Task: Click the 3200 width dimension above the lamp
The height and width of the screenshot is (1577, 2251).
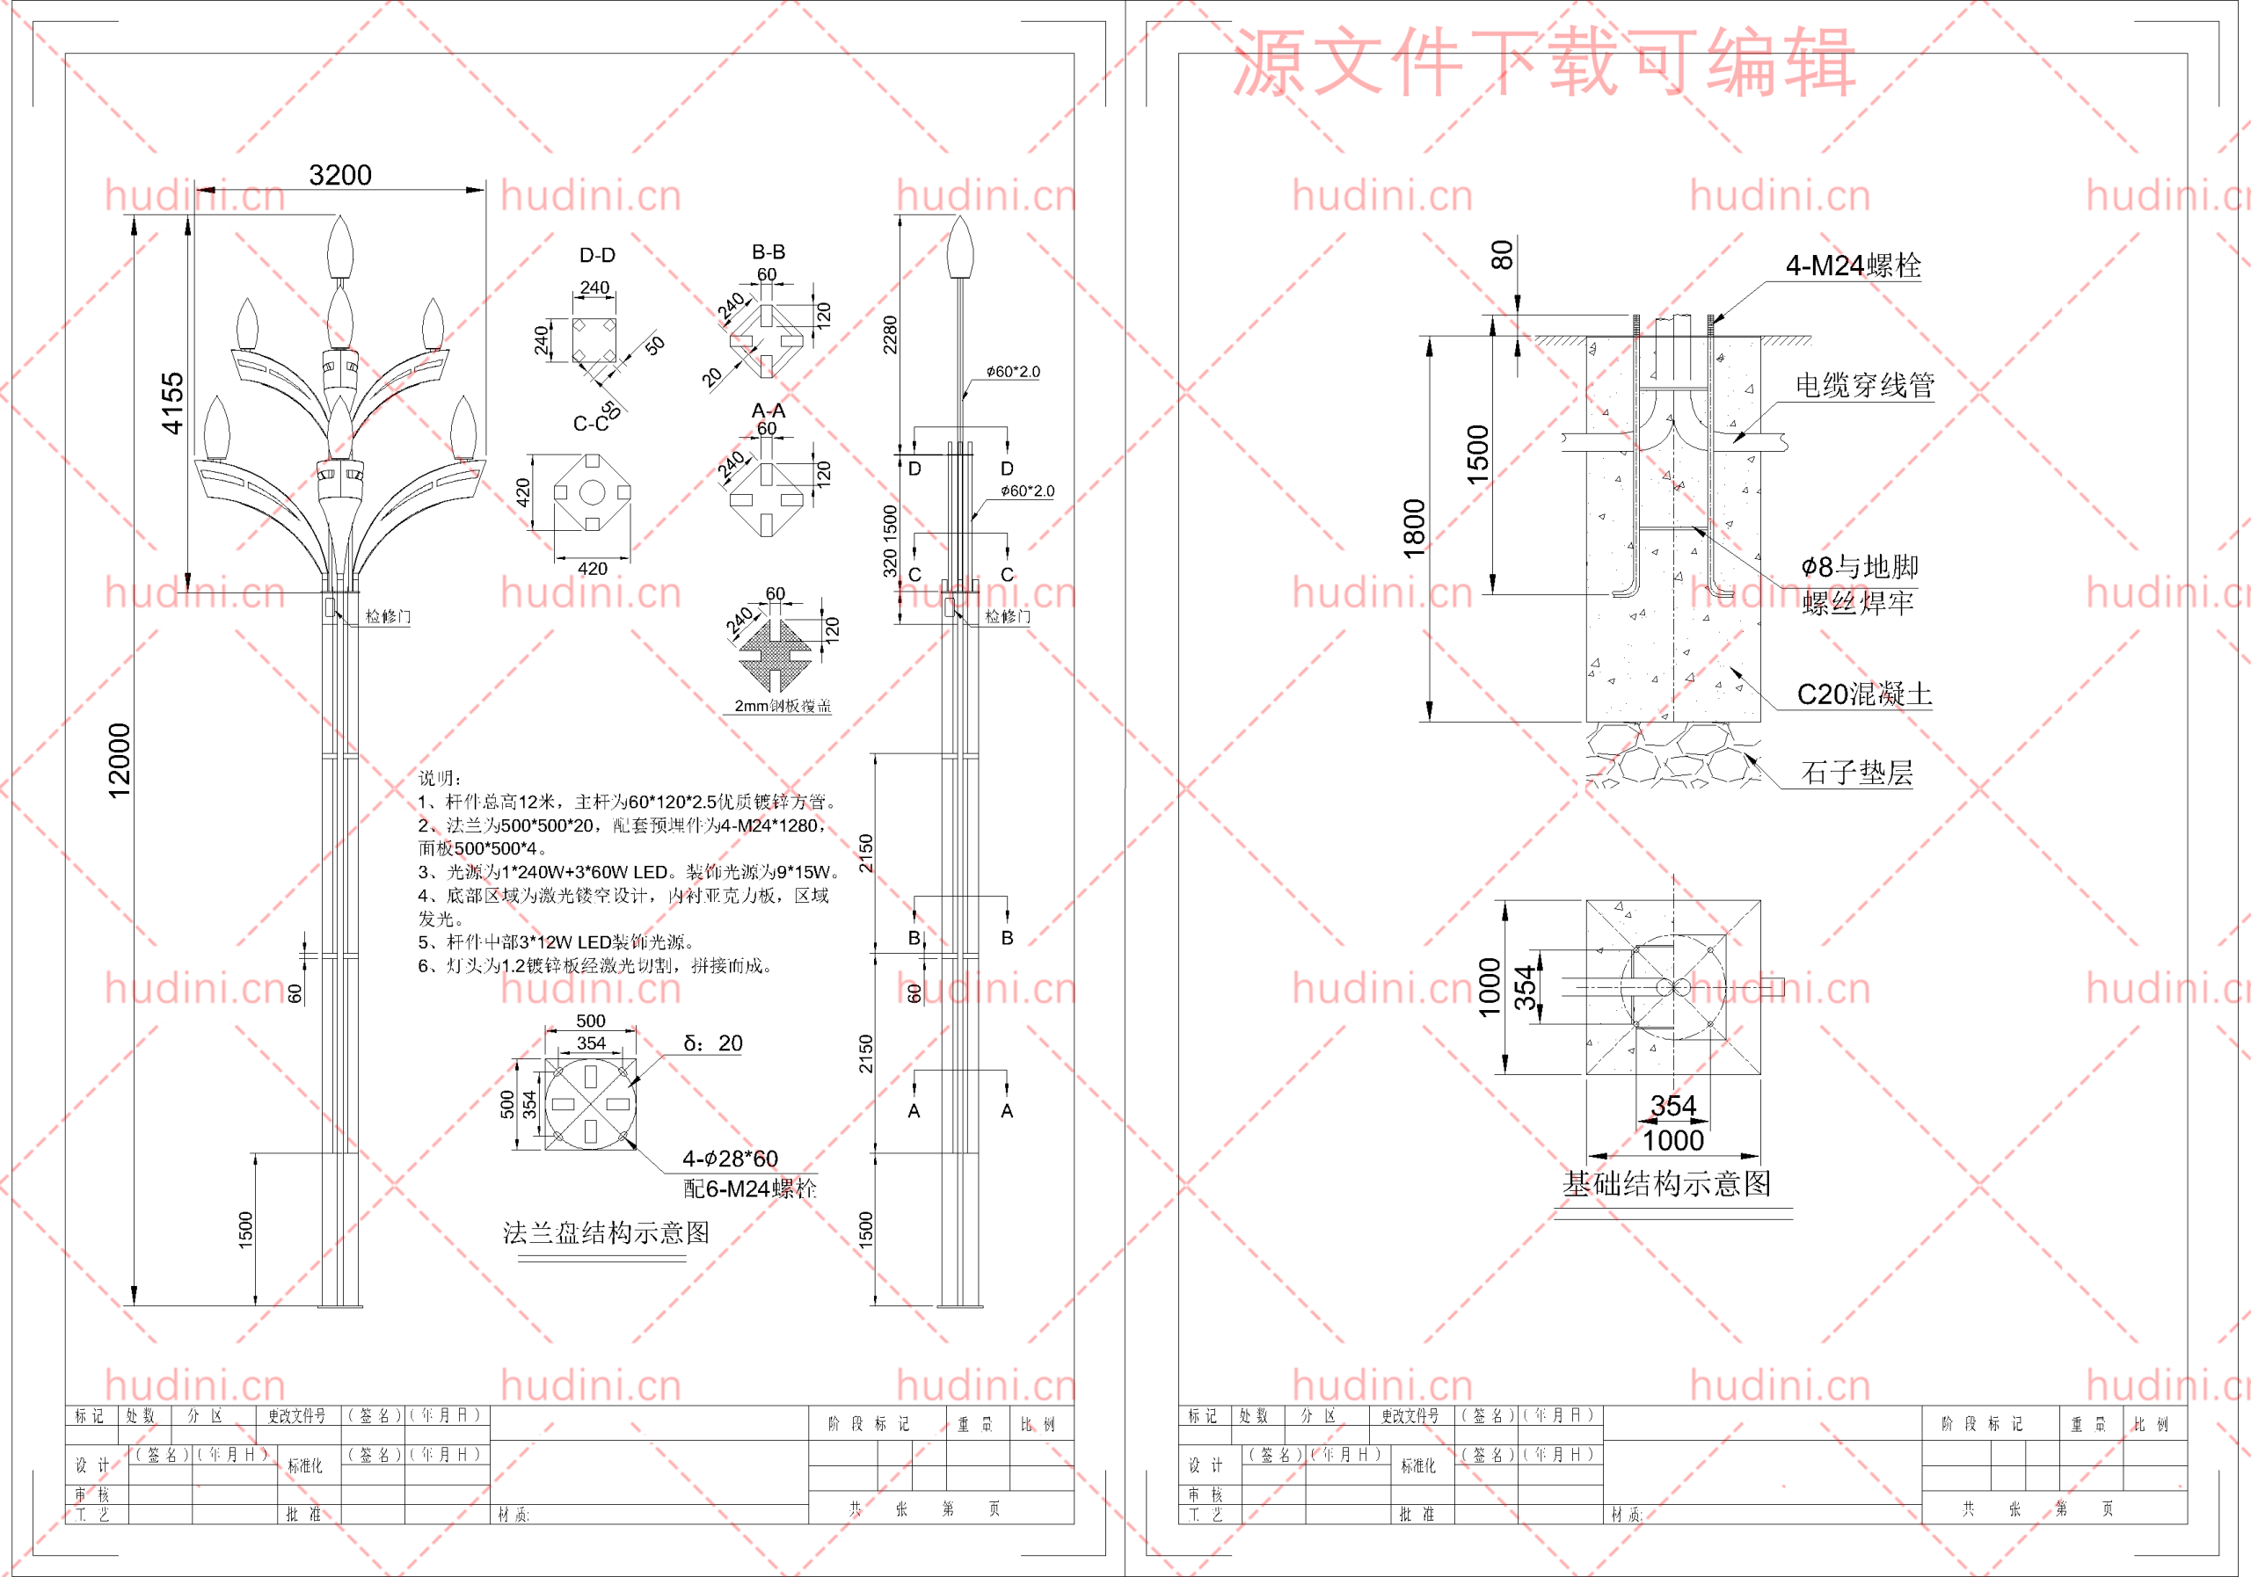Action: (x=340, y=176)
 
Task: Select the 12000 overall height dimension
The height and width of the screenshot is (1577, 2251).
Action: (x=119, y=760)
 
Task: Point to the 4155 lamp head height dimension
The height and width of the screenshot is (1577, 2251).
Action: (x=172, y=403)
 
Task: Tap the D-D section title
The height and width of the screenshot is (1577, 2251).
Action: (x=597, y=256)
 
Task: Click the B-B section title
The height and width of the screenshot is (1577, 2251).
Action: (x=768, y=252)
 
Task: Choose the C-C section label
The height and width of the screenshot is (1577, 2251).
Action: (x=591, y=424)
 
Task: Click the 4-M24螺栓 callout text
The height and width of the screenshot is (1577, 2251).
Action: (x=1852, y=265)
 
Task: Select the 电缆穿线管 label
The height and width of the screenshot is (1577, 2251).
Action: (x=1864, y=385)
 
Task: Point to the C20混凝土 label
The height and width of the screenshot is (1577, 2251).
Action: (x=1864, y=694)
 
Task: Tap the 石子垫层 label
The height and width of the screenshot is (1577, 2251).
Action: (x=1856, y=773)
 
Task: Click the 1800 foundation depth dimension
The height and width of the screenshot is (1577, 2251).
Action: (x=1414, y=528)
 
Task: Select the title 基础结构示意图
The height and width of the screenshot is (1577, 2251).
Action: (x=1665, y=1184)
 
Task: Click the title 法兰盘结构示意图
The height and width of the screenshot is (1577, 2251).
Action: (x=606, y=1232)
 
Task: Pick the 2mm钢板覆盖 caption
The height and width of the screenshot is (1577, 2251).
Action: (x=783, y=706)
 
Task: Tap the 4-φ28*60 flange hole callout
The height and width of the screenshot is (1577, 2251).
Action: (x=730, y=1159)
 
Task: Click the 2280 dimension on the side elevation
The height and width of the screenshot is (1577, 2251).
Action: (x=889, y=334)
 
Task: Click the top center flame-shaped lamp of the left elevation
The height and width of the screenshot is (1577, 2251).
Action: (x=340, y=247)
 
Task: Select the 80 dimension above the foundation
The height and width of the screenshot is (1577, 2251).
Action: (x=1501, y=256)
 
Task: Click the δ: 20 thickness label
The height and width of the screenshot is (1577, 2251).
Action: (x=713, y=1043)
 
